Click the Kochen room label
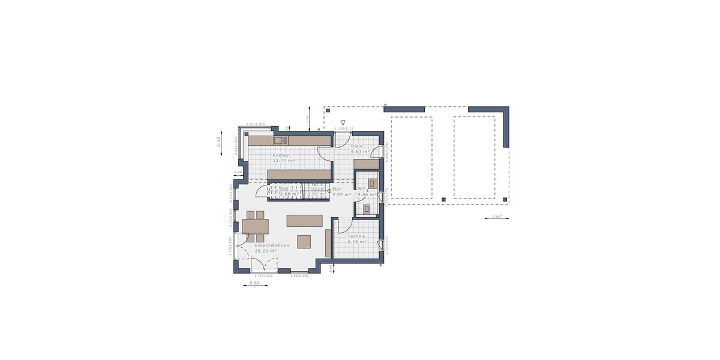pyautogui.click(x=281, y=155)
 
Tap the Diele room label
pyautogui.click(x=357, y=146)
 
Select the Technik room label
pyautogui.click(x=357, y=236)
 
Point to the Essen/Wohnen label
pyautogui.click(x=272, y=245)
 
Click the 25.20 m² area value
pyautogui.click(x=266, y=251)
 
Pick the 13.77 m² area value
pyautogui.click(x=283, y=161)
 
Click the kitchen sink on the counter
pyautogui.click(x=278, y=141)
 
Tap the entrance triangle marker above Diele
pyautogui.click(x=343, y=122)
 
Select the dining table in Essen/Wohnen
pyautogui.click(x=256, y=226)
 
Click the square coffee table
pyautogui.click(x=304, y=241)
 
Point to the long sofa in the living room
pyautogui.click(x=304, y=220)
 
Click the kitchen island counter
pyautogui.click(x=299, y=175)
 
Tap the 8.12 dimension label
pyautogui.click(x=220, y=142)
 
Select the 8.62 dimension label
pyautogui.click(x=254, y=282)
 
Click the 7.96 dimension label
pyautogui.click(x=496, y=216)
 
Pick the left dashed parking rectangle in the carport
pyautogui.click(x=412, y=157)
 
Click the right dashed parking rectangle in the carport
pyautogui.click(x=474, y=157)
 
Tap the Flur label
pyautogui.click(x=337, y=189)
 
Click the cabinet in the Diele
pyautogui.click(x=366, y=164)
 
